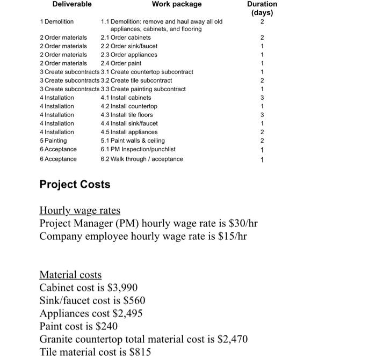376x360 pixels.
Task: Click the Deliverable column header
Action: [72, 4]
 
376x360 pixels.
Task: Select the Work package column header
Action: [177, 4]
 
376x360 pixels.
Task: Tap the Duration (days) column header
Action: [262, 8]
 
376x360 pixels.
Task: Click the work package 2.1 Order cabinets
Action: [126, 38]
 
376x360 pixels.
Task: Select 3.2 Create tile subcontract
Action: [136, 80]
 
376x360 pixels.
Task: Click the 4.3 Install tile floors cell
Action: [127, 115]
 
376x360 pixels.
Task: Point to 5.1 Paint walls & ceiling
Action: [133, 141]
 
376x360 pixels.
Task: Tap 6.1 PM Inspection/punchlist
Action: [138, 149]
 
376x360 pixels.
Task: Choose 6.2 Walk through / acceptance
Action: [142, 159]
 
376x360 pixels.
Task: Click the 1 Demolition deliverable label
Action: [57, 21]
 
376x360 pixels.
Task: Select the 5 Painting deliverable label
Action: [54, 141]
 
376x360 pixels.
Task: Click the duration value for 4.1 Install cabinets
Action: [262, 98]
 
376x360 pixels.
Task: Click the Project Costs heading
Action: [75, 185]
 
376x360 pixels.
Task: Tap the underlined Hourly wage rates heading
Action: [80, 210]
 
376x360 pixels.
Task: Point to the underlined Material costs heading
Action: [70, 275]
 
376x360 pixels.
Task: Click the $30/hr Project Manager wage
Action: [238, 223]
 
